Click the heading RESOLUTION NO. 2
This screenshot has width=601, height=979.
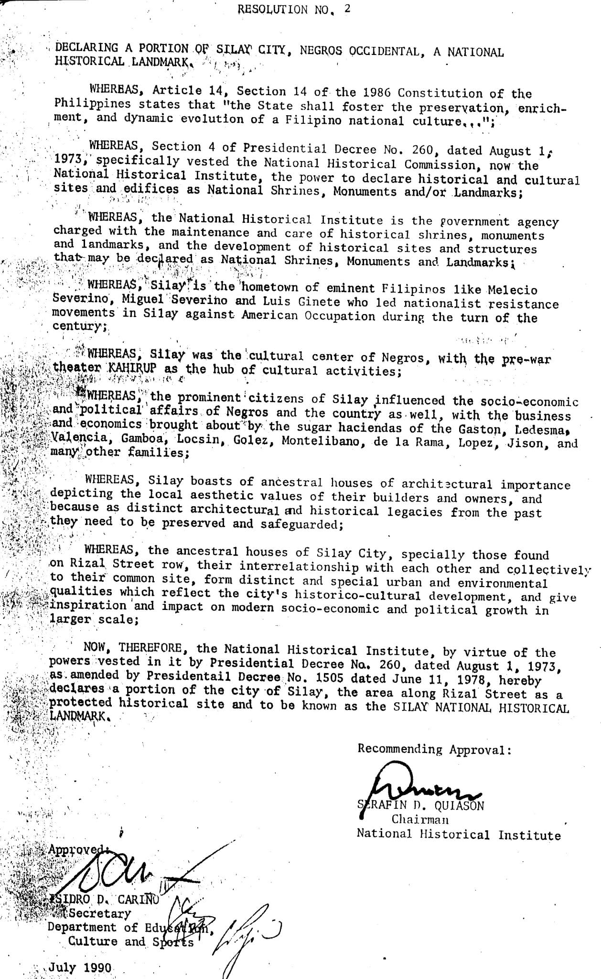pos(294,10)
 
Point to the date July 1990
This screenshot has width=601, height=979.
pos(80,968)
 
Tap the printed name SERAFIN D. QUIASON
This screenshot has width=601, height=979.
pos(421,805)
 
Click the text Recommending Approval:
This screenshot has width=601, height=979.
pos(434,749)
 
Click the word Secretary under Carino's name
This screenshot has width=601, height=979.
pos(99,913)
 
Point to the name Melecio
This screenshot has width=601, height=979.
pos(513,290)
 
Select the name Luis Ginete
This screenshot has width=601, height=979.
pos(298,302)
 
